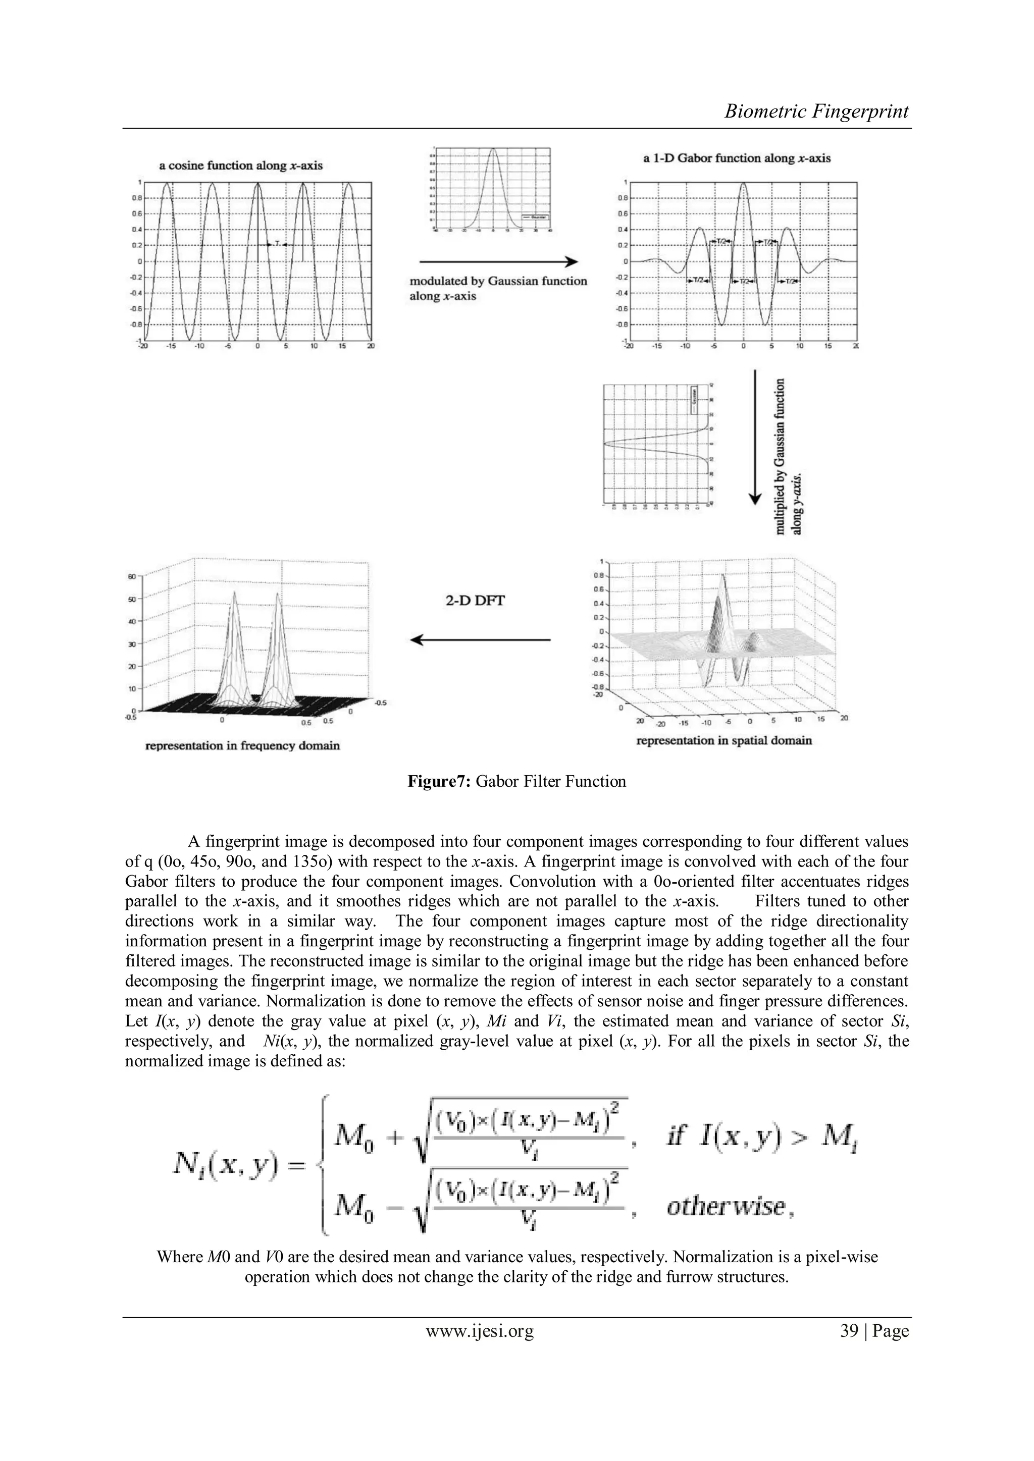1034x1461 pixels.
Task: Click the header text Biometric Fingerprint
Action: pos(816,112)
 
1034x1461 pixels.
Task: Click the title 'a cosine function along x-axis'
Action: pos(241,166)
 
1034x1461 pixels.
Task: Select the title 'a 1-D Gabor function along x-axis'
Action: pos(737,158)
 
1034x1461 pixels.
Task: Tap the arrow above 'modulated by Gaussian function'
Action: pos(498,261)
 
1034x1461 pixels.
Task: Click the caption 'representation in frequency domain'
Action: pos(242,745)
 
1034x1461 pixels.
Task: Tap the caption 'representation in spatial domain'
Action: pos(724,740)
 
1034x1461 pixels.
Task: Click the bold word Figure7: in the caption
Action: pos(439,781)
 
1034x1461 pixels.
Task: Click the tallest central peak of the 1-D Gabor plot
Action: pos(742,185)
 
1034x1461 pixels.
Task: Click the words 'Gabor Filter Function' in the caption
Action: pos(550,781)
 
